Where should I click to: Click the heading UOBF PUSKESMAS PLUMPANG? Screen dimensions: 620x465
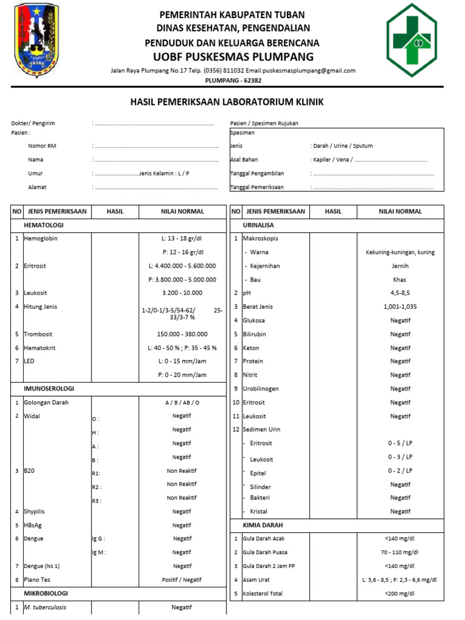pos(232,57)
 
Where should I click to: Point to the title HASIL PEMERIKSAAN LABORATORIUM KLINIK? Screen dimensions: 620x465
pos(227,102)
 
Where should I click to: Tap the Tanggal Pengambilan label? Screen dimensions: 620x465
pos(257,173)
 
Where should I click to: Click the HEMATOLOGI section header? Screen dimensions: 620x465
pos(44,225)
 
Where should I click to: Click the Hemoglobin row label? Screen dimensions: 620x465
pos(41,239)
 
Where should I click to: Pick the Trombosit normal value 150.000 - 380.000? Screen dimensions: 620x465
pos(182,334)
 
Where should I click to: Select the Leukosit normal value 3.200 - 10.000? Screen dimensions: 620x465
pos(182,292)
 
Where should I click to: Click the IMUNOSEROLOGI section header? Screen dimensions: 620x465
pos(48,389)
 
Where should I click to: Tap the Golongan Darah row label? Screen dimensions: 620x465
pos(46,403)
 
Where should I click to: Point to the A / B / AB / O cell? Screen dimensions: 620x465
pos(182,403)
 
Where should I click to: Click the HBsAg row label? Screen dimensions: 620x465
pos(34,525)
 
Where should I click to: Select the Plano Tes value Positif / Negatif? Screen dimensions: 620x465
pos(182,579)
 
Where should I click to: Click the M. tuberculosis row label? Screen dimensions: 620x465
pos(45,607)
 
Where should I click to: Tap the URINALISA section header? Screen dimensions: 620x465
pos(259,225)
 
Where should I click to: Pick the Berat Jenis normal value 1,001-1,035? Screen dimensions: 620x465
pos(400,307)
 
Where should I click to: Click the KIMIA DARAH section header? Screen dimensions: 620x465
pos(263,525)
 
